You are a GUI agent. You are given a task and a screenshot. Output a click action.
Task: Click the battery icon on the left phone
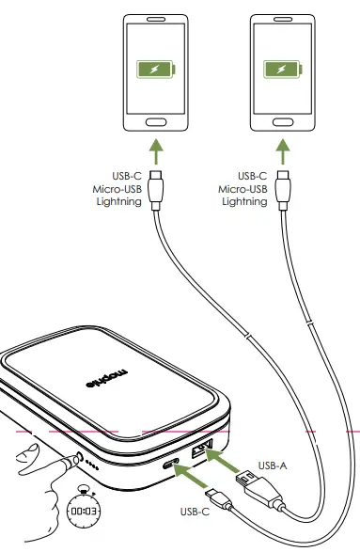[x=152, y=71]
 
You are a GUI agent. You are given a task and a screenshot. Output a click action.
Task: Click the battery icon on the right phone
[x=278, y=71]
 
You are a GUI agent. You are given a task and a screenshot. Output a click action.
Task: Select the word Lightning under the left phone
[x=125, y=202]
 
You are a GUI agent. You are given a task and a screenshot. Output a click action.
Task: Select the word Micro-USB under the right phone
[x=243, y=188]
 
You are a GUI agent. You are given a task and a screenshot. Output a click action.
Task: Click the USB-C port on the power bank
[x=173, y=465]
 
